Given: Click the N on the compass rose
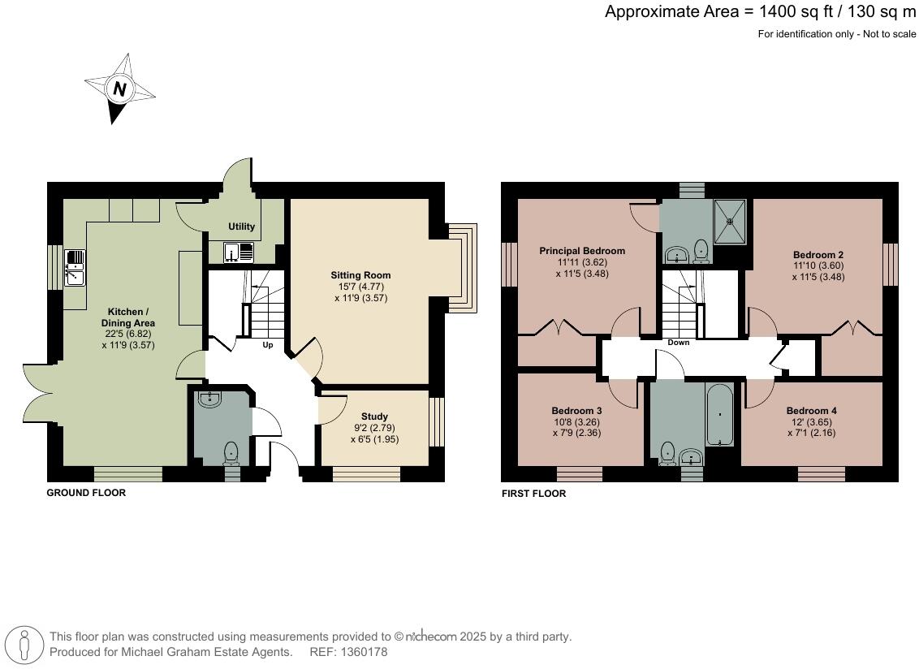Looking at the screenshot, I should pyautogui.click(x=120, y=89).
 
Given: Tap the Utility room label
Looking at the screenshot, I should pyautogui.click(x=241, y=227).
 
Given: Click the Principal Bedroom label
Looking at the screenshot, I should pyautogui.click(x=582, y=251).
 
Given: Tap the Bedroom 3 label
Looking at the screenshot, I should pyautogui.click(x=576, y=410).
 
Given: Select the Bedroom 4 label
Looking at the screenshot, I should pyautogui.click(x=811, y=410).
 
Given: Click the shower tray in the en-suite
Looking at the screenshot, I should pyautogui.click(x=730, y=220).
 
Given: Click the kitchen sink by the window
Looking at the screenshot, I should pyautogui.click(x=74, y=268).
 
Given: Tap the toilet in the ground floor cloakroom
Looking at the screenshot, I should pyautogui.click(x=231, y=452).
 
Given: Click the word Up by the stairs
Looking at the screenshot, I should pyautogui.click(x=267, y=345).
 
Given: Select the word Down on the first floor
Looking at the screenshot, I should pyautogui.click(x=678, y=343).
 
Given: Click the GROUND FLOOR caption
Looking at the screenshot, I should pyautogui.click(x=86, y=493).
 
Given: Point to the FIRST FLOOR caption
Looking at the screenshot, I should pyautogui.click(x=533, y=494).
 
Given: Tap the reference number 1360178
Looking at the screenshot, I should pyautogui.click(x=365, y=652).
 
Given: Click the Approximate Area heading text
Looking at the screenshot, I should pyautogui.click(x=760, y=11).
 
